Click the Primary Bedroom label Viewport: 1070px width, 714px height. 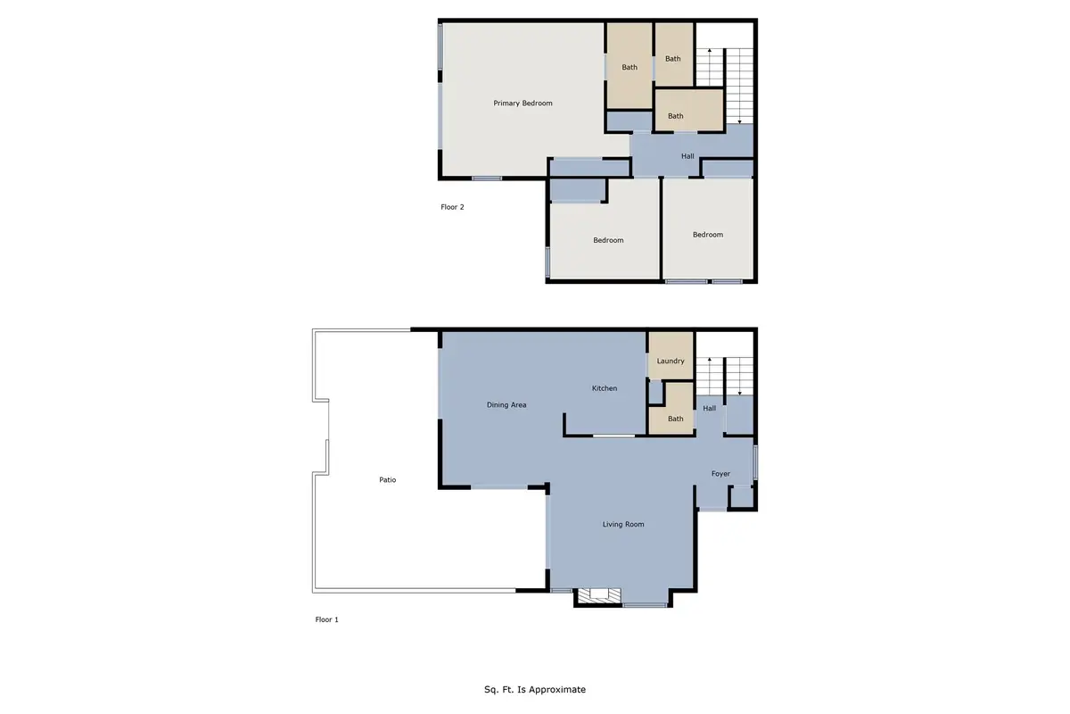[523, 104]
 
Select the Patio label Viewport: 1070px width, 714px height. [387, 480]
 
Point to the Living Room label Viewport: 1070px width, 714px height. [623, 525]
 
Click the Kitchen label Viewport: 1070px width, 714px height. [605, 388]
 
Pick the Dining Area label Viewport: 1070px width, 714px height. [506, 405]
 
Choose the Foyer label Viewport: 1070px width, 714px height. [720, 474]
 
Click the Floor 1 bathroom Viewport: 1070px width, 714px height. [675, 416]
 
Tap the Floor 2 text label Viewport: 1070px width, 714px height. [453, 207]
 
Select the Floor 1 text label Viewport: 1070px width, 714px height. [327, 619]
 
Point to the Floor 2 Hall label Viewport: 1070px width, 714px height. [687, 157]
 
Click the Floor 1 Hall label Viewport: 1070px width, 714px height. [710, 409]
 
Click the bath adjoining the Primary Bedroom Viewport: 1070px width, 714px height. [630, 67]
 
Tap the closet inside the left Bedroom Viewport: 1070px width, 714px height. [577, 190]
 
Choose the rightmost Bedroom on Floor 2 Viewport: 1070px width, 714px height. [708, 234]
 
